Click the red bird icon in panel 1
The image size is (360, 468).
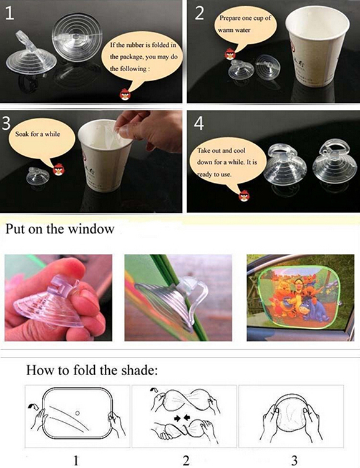125,94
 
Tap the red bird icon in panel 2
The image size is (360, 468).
230,54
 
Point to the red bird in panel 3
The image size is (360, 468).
59,169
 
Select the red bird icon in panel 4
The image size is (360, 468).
244,195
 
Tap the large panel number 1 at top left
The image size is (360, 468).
9,13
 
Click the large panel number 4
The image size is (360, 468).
199,124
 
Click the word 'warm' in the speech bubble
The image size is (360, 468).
224,30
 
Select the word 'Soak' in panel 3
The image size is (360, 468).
22,134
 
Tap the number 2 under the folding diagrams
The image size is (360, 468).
186,461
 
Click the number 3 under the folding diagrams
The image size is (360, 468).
294,461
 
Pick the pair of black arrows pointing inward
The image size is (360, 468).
182,418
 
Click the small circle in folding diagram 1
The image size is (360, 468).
77,413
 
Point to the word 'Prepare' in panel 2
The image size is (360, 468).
230,18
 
